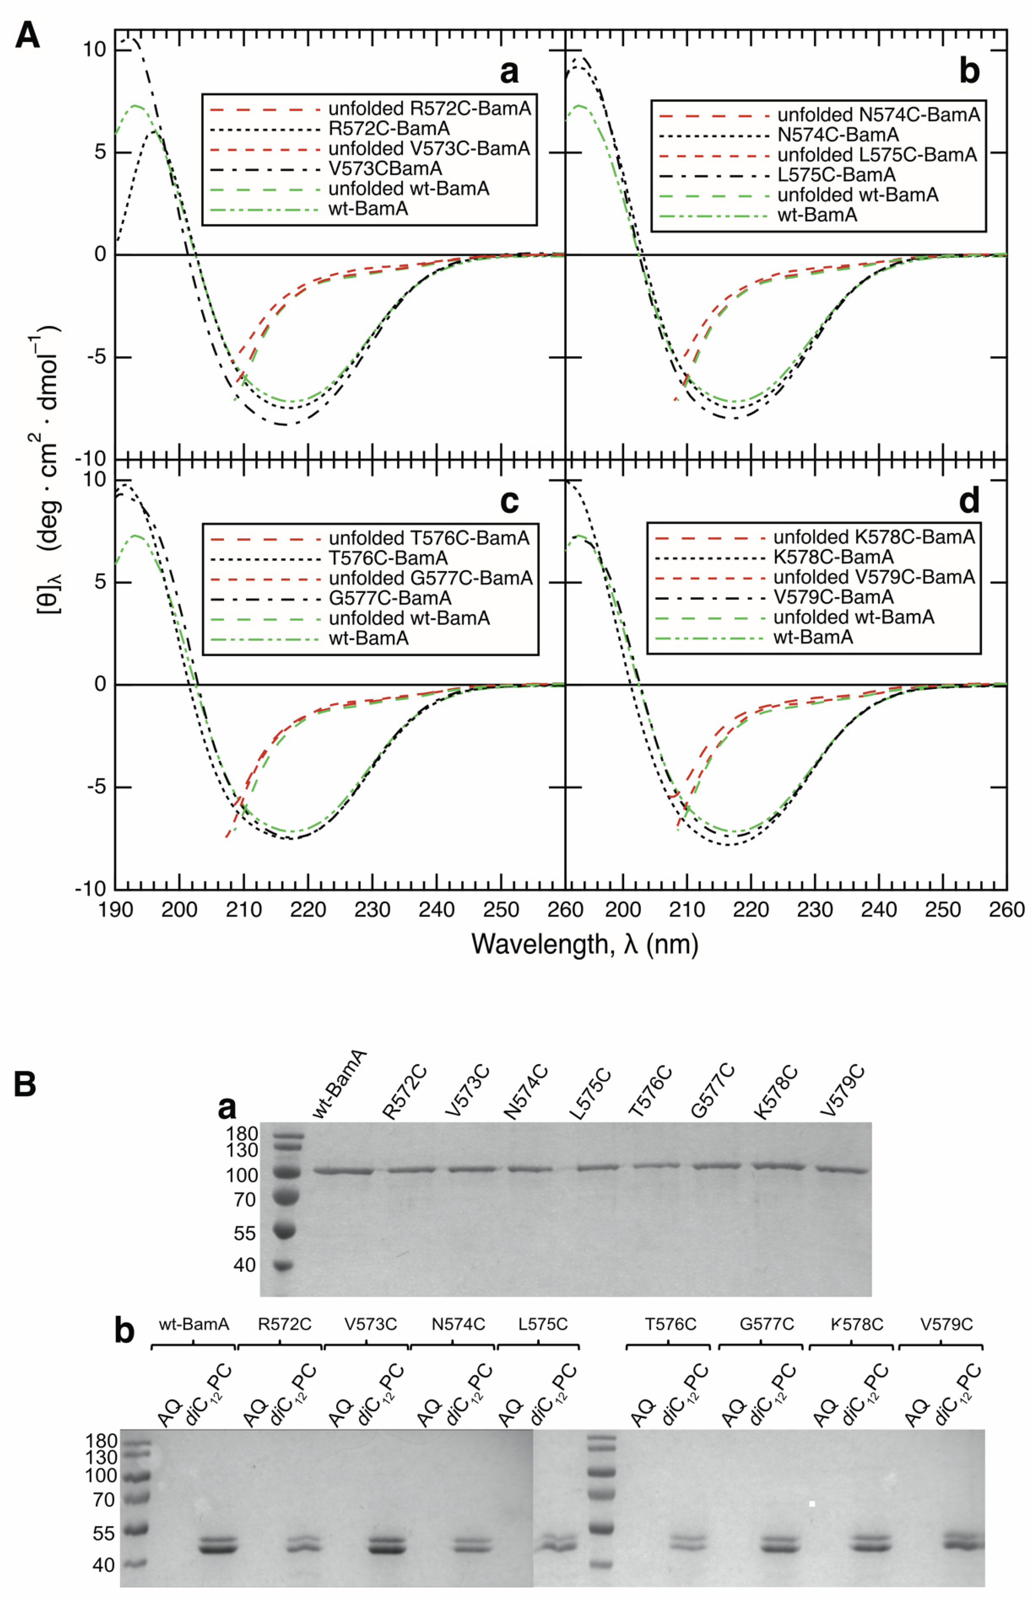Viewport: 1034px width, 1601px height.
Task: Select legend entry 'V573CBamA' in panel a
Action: click(385, 168)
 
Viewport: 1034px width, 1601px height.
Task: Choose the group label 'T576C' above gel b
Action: click(670, 1325)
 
